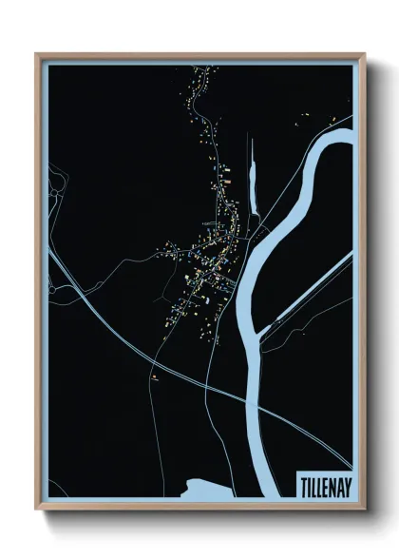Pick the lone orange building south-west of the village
point(152,375)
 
